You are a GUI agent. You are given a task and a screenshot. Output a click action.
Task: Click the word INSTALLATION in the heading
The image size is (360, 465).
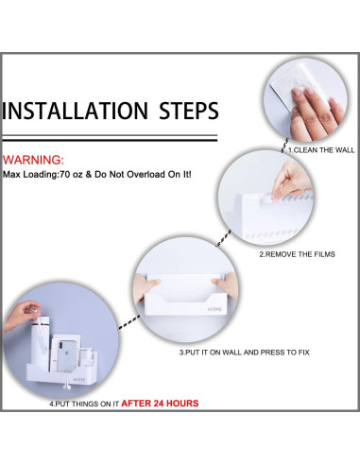[75, 111]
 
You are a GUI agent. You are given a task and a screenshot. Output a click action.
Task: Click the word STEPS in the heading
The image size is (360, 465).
[189, 111]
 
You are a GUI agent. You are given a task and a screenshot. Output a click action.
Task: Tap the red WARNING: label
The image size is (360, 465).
[33, 160]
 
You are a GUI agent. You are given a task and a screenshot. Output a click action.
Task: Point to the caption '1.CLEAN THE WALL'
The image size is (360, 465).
[321, 150]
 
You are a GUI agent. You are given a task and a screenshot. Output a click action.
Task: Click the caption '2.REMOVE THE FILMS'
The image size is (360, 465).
[297, 254]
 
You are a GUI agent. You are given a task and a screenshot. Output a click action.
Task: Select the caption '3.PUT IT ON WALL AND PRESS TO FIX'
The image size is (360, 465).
[245, 353]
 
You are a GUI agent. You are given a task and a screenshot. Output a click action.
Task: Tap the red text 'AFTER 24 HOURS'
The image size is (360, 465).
[160, 404]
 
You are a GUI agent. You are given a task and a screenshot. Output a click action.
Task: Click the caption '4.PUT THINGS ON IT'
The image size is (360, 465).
[84, 404]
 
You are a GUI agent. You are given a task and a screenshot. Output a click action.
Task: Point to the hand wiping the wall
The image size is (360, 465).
[315, 115]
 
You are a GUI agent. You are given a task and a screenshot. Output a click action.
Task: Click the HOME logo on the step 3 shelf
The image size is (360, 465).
[214, 309]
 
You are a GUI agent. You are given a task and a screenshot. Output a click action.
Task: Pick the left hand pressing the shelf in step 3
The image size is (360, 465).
[145, 288]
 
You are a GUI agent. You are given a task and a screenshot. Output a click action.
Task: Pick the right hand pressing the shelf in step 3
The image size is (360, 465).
[225, 286]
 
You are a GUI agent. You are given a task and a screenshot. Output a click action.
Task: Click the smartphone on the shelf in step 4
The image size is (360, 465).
[67, 355]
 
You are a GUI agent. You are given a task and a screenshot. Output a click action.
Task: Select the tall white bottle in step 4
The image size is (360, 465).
[40, 343]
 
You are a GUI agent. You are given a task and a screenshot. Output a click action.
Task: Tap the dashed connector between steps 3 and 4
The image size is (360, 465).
[129, 322]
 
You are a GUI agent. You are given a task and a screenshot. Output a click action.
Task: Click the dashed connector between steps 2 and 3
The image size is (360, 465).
[223, 238]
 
